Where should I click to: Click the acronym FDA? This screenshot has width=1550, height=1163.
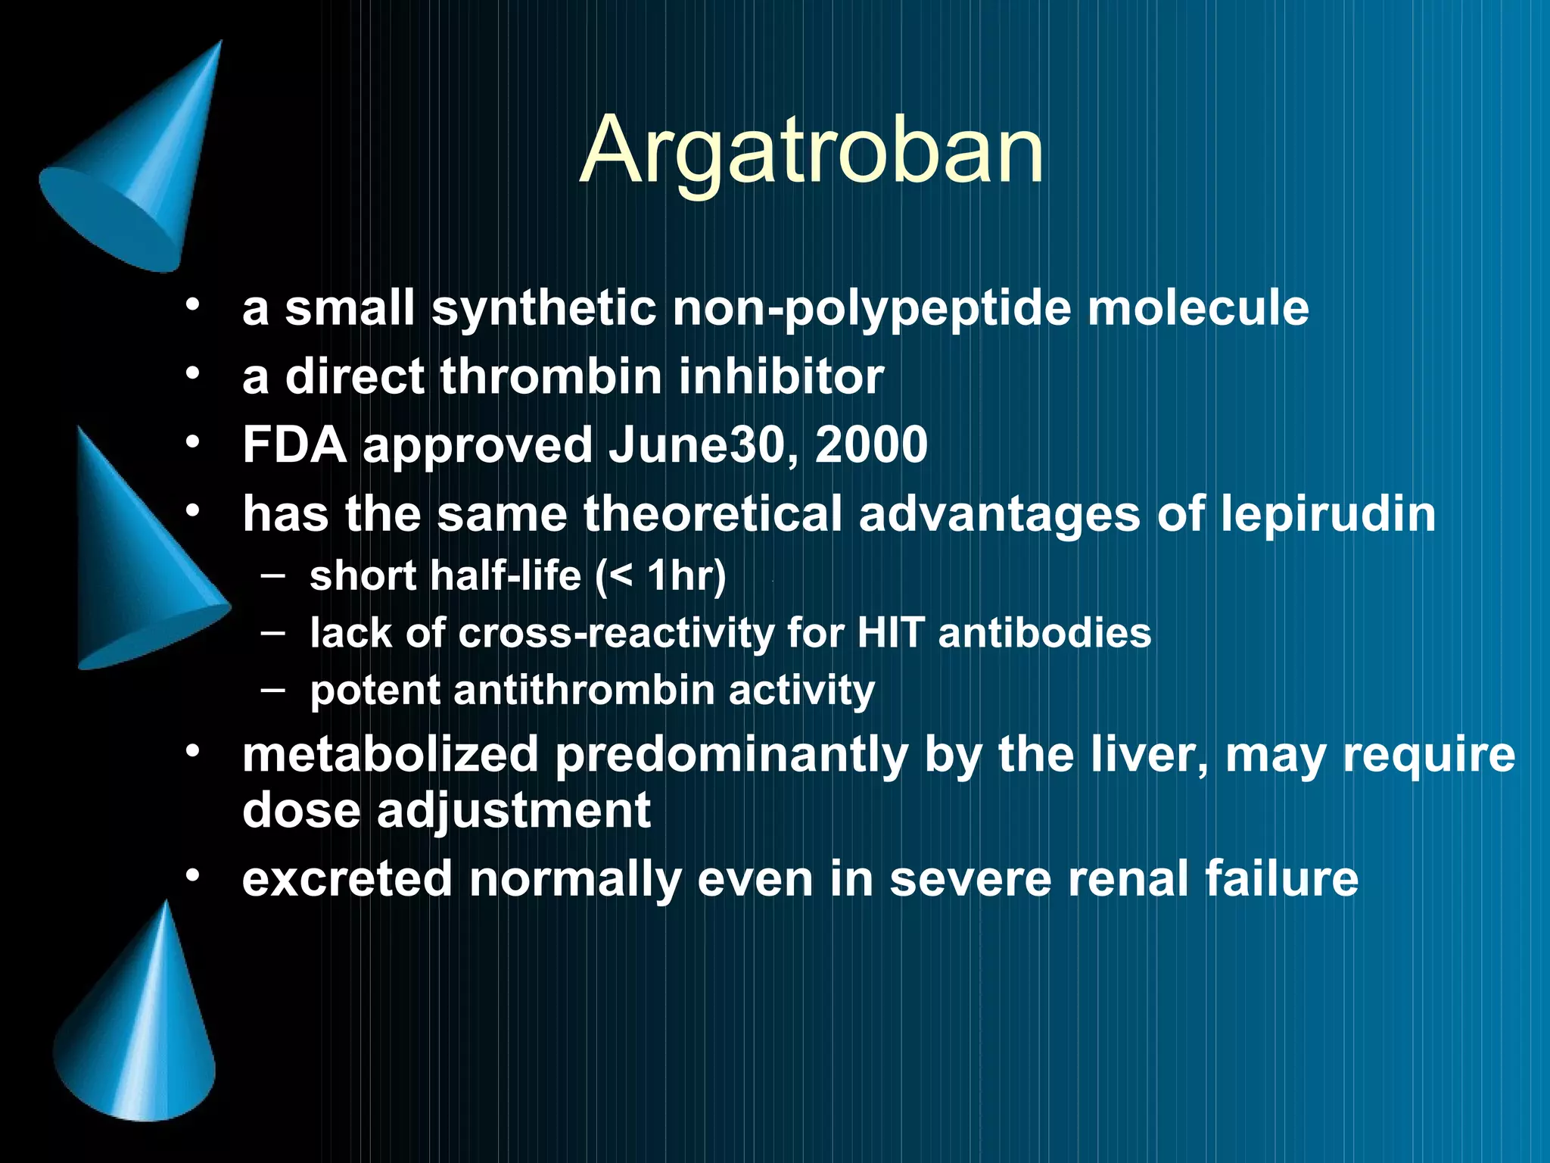point(294,445)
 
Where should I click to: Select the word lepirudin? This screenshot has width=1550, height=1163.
point(1327,514)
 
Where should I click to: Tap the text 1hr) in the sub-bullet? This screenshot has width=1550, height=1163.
point(686,575)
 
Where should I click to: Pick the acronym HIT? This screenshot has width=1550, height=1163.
point(890,633)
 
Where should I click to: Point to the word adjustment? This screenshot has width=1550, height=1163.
point(513,810)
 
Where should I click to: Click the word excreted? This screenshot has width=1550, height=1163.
point(347,879)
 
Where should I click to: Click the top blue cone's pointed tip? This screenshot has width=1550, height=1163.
point(219,44)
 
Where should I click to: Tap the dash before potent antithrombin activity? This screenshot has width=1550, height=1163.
point(273,690)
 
